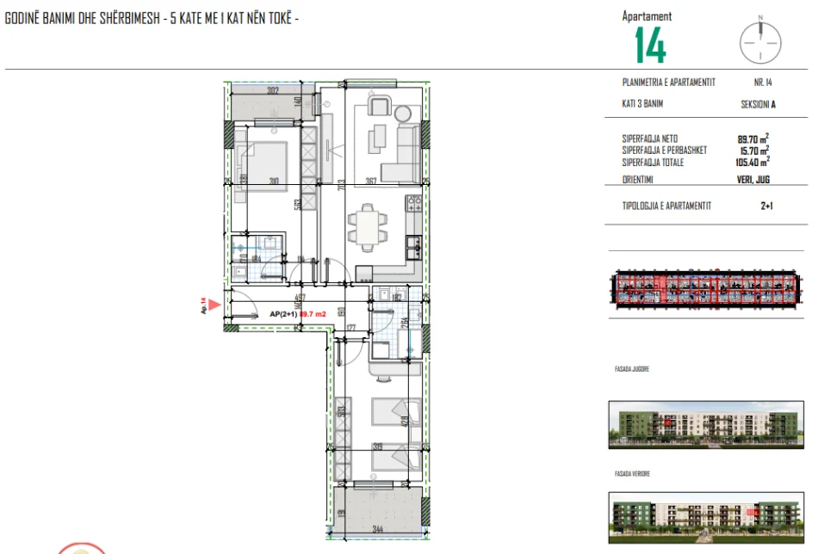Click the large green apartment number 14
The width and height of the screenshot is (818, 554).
click(650, 44)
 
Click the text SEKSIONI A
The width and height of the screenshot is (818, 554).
click(759, 104)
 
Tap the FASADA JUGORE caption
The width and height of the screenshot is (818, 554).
click(627, 368)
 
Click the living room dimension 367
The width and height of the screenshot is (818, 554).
click(370, 181)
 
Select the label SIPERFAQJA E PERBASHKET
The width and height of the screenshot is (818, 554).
click(664, 150)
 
